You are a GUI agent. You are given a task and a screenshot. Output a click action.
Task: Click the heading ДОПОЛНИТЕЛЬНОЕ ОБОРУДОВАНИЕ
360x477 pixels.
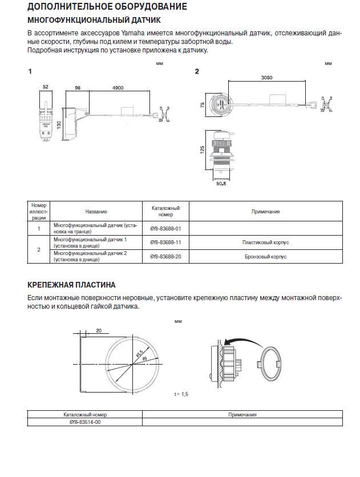[x=107, y=7]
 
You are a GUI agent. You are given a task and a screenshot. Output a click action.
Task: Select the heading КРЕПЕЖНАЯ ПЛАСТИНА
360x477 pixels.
[x=71, y=285]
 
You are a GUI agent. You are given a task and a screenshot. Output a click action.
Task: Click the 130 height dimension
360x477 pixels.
[x=59, y=124]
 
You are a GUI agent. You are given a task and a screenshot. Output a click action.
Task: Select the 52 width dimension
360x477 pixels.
[x=45, y=87]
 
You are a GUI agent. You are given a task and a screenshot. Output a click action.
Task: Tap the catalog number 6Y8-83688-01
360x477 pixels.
[x=165, y=228]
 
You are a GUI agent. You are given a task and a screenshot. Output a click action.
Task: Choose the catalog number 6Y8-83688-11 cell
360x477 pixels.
[x=165, y=242]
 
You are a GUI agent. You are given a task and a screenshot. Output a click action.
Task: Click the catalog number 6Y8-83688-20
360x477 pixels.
[x=165, y=257]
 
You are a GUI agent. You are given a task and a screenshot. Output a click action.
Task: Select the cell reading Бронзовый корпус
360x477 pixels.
[x=265, y=257]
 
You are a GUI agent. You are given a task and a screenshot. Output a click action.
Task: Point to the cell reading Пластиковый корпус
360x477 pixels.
[x=265, y=242]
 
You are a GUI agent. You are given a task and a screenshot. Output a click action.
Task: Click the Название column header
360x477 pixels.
[x=96, y=212]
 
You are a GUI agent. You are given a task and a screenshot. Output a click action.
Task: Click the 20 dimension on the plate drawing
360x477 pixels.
[x=98, y=330]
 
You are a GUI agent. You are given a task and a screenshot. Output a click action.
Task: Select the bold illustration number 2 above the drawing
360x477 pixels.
[x=197, y=71]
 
